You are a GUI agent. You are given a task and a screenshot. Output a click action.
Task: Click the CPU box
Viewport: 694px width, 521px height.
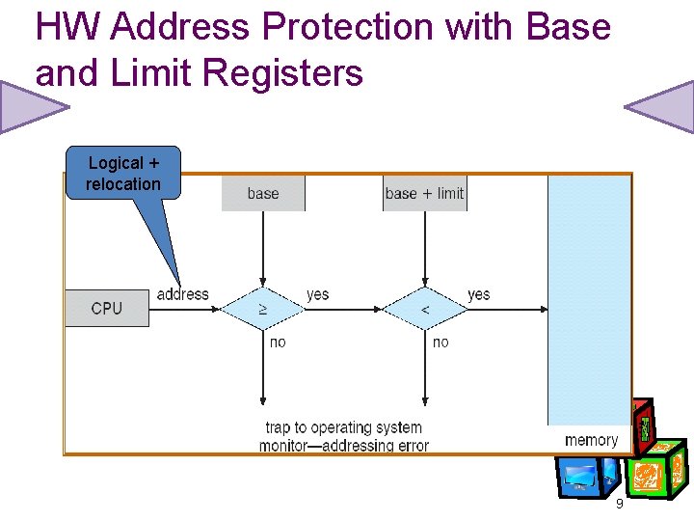(x=107, y=309)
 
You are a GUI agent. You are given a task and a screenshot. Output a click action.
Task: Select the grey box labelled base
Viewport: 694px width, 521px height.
(x=263, y=193)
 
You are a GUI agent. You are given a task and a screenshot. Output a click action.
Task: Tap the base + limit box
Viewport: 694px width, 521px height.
(x=424, y=193)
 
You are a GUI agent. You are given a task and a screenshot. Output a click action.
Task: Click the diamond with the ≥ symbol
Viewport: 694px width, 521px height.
(x=263, y=309)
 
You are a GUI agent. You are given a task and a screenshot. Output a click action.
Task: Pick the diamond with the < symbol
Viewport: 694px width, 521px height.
(x=425, y=309)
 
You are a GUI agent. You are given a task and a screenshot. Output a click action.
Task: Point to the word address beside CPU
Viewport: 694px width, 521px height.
(x=182, y=294)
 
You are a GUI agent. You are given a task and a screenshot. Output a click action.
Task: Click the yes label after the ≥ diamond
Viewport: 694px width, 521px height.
(x=317, y=294)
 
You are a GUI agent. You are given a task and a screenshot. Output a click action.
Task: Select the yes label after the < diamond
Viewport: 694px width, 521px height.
(x=478, y=294)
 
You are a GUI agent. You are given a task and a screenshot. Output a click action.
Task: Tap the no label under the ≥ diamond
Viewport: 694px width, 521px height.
(x=278, y=343)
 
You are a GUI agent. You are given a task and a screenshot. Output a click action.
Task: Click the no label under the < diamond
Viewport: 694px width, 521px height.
(x=440, y=343)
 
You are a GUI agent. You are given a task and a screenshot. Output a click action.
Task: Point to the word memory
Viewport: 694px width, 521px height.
(x=591, y=440)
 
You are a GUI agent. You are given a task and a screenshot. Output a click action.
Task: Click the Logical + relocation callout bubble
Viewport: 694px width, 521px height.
(x=123, y=174)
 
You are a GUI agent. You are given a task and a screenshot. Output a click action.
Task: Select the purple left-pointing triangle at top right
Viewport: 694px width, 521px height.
(x=659, y=107)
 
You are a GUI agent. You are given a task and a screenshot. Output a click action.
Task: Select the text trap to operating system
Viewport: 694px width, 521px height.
(x=343, y=427)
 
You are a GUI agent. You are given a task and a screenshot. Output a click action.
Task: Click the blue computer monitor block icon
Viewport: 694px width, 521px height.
(x=581, y=476)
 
